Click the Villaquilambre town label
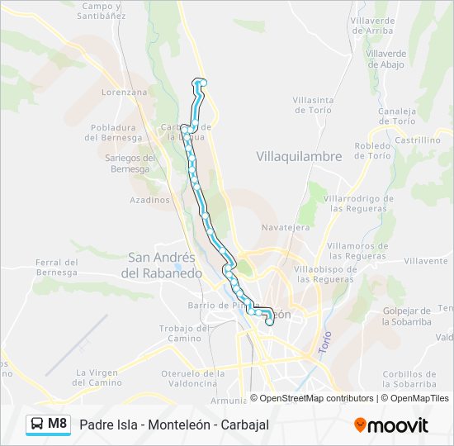299,155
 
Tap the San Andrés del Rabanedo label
161,265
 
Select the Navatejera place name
286,226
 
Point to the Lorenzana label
124,93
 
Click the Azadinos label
149,200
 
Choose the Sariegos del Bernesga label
133,164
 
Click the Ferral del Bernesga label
56,267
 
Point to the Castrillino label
418,140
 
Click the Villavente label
426,261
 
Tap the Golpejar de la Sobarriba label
408,316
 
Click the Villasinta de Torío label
312,105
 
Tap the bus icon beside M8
37,425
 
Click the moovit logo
391,425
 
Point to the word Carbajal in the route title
243,425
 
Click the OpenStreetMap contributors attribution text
316,398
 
